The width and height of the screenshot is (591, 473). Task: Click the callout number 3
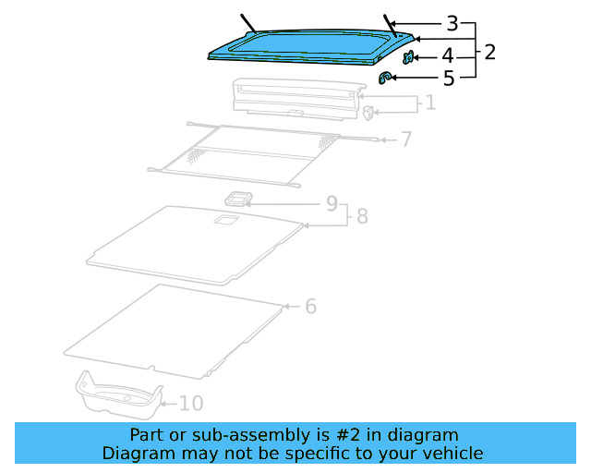(452, 23)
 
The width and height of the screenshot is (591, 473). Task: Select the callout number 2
(489, 52)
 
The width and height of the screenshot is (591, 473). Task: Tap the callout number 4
(447, 57)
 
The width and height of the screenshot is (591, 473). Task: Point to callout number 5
(449, 79)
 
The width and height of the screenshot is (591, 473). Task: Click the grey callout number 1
(429, 102)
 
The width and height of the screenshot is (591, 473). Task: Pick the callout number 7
(405, 139)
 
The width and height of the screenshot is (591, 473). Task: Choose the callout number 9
(332, 203)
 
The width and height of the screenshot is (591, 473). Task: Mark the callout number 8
(362, 216)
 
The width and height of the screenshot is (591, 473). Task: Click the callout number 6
(310, 306)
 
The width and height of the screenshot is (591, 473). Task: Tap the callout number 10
(190, 403)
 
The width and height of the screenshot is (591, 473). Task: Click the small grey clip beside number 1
(368, 113)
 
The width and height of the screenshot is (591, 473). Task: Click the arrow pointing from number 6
(291, 306)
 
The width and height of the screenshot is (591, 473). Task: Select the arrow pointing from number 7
(387, 139)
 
